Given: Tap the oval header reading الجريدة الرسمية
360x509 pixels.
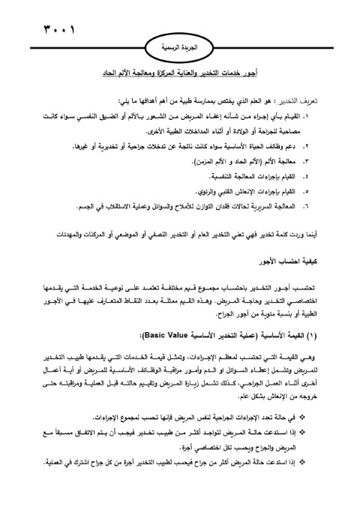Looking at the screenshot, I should pos(181,46).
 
